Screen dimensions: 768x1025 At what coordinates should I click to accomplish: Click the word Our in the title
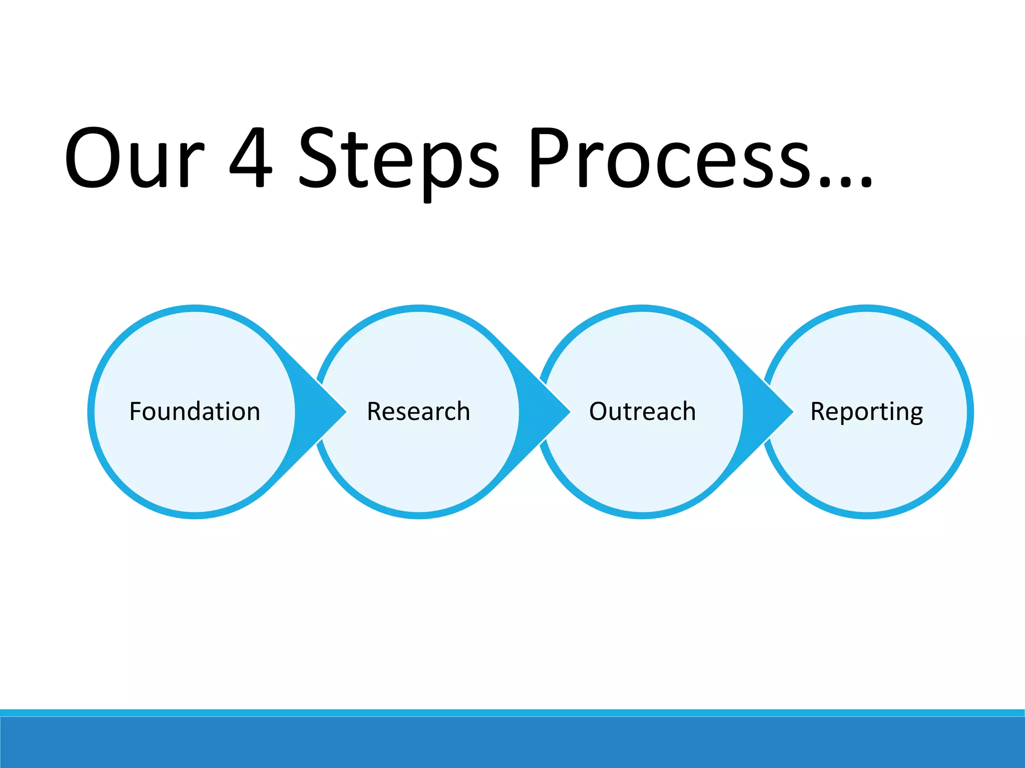134,159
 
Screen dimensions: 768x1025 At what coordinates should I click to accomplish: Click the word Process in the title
671,159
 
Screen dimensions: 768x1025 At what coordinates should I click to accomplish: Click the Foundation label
195,411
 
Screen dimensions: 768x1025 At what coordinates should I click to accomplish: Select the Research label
418,411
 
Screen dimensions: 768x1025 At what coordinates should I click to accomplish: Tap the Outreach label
642,411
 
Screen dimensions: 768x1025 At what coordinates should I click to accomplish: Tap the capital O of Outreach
599,411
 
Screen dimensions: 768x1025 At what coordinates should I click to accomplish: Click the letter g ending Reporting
916,414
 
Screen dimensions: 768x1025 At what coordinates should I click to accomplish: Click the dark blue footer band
512,743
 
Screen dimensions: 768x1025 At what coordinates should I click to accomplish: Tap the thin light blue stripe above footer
512,712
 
